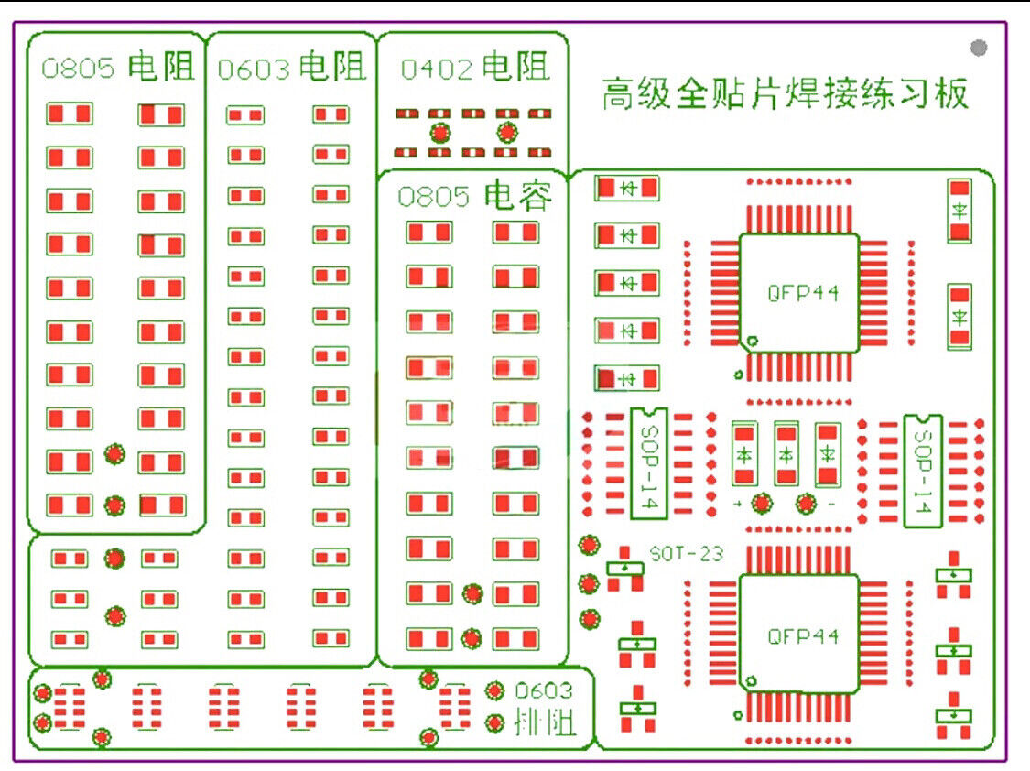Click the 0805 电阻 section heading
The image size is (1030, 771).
click(118, 67)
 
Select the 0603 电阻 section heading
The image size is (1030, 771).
click(291, 68)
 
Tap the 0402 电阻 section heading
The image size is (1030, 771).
click(475, 67)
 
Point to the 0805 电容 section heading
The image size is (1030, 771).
click(475, 196)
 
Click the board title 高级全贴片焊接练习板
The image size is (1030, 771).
click(785, 94)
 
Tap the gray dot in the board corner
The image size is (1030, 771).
click(979, 48)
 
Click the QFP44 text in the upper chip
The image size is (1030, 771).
click(803, 293)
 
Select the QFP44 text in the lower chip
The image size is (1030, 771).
click(803, 635)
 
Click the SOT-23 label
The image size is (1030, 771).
click(687, 554)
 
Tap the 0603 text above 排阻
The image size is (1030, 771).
click(543, 691)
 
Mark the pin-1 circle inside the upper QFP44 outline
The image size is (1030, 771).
click(752, 342)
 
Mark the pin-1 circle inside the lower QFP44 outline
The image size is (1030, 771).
click(752, 680)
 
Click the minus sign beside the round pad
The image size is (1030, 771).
click(829, 505)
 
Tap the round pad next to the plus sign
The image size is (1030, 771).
click(761, 503)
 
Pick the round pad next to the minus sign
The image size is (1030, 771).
click(806, 503)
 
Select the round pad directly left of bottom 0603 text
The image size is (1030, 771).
click(495, 691)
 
